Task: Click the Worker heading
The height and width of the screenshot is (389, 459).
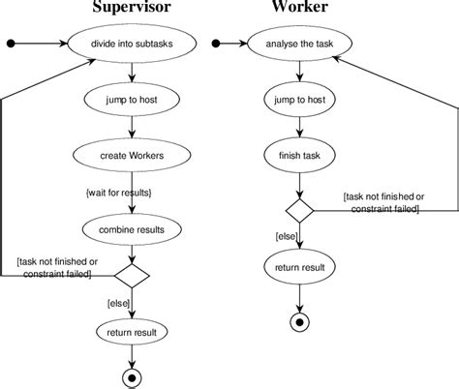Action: tap(300, 9)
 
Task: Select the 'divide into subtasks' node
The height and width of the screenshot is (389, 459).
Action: tap(132, 44)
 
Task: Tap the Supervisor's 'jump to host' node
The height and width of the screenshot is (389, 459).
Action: tap(132, 99)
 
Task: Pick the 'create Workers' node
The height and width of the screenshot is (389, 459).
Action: tap(132, 154)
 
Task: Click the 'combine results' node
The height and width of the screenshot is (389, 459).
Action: tap(132, 230)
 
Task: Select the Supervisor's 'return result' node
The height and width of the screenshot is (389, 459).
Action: tap(132, 333)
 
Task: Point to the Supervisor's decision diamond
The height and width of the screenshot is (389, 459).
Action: tap(132, 276)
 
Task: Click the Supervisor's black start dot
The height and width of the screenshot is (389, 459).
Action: tap(11, 44)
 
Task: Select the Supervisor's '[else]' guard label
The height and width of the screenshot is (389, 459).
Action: tap(119, 304)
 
